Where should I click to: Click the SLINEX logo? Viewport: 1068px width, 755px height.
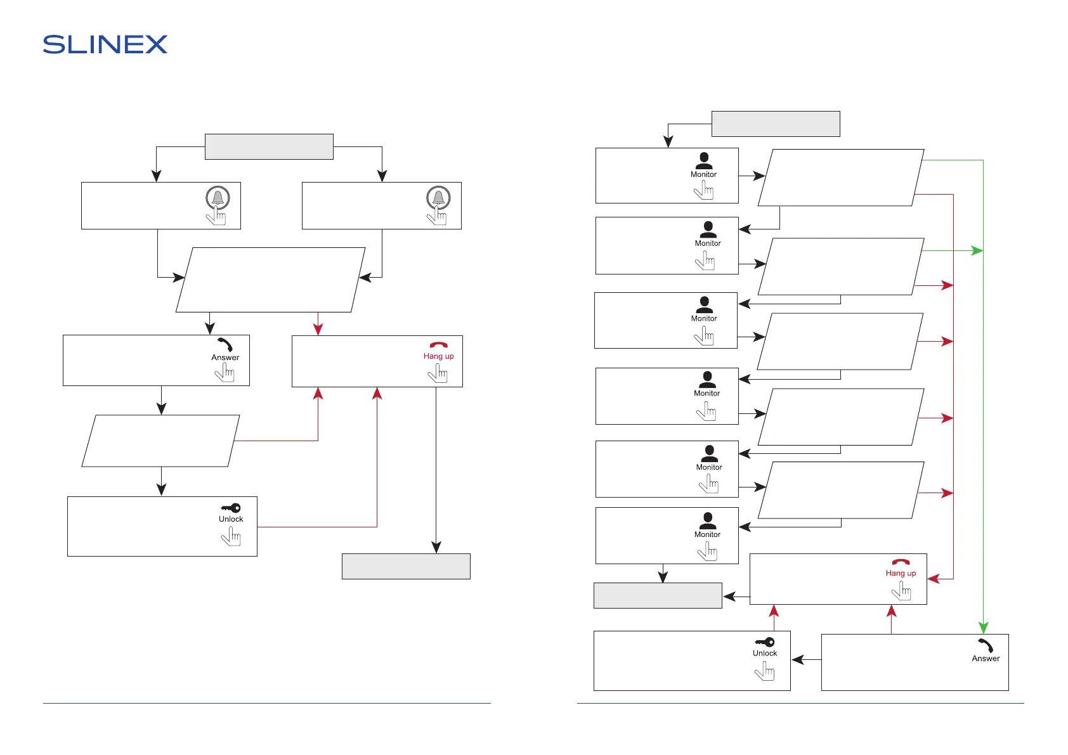[x=105, y=44]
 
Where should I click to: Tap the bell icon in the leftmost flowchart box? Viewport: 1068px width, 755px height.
[x=218, y=197]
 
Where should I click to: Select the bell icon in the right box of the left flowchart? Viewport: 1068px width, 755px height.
[x=438, y=197]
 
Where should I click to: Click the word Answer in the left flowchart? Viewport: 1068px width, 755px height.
[x=225, y=358]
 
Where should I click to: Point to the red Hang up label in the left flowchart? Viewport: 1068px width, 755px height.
[x=438, y=356]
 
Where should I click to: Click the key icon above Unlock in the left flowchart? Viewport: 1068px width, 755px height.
[x=231, y=508]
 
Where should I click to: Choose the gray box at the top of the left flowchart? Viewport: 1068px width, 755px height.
[x=269, y=146]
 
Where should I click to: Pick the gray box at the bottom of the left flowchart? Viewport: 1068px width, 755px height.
[x=406, y=566]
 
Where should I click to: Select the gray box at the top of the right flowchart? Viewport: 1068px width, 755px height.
[x=776, y=124]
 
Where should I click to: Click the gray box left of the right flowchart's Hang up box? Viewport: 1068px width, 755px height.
[x=658, y=595]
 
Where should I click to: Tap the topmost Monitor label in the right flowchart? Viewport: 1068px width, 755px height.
[x=703, y=174]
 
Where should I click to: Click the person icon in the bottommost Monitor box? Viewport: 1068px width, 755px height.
[x=707, y=520]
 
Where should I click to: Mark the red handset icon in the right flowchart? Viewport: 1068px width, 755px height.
[x=901, y=562]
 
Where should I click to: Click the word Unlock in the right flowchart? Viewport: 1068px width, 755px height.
[x=765, y=654]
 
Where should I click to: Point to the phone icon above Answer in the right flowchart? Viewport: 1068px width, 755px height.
[x=986, y=645]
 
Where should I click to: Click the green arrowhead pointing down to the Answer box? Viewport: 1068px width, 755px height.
[x=983, y=628]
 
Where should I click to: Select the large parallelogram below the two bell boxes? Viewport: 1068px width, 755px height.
[x=270, y=280]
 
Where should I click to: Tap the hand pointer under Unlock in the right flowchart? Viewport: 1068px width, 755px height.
[x=765, y=671]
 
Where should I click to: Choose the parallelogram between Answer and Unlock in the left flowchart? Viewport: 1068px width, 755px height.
[x=160, y=441]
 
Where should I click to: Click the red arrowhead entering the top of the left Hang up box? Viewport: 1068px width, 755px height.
[x=318, y=329]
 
